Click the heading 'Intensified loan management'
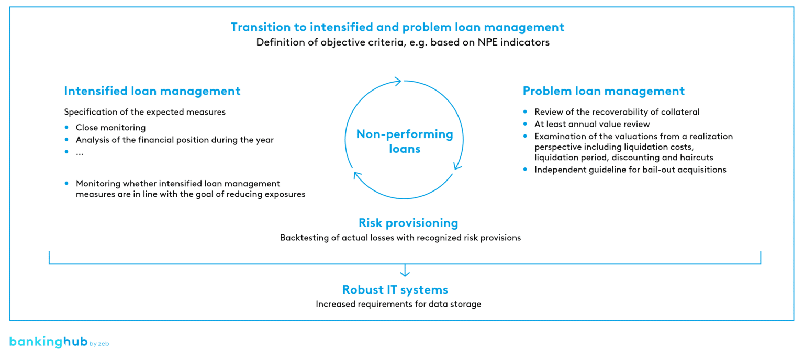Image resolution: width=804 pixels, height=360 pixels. point(152,91)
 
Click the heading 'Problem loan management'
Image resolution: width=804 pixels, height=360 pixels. point(603,91)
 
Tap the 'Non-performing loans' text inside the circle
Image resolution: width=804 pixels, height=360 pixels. point(405,141)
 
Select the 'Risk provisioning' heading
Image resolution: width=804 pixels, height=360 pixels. point(408,223)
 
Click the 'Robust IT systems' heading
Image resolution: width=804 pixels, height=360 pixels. point(395,290)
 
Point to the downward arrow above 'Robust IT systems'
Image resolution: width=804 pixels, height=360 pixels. point(404,271)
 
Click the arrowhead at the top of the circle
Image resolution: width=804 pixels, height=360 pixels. point(397,81)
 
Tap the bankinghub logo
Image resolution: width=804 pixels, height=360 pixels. point(58,343)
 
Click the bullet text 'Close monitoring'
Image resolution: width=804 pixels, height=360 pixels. point(110,128)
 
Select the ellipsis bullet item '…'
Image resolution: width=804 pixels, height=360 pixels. point(80,152)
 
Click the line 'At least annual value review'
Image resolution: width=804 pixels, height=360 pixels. point(591,125)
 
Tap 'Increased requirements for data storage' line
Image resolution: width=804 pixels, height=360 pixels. point(398,304)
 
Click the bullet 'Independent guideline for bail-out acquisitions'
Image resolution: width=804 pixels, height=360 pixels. point(630,170)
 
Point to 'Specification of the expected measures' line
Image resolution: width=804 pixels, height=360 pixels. point(144,112)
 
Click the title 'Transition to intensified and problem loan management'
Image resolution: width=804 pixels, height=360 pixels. point(397,27)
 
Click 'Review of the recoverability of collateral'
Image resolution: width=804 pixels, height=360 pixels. point(617,112)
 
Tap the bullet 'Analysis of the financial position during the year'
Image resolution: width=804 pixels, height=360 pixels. point(174,140)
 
